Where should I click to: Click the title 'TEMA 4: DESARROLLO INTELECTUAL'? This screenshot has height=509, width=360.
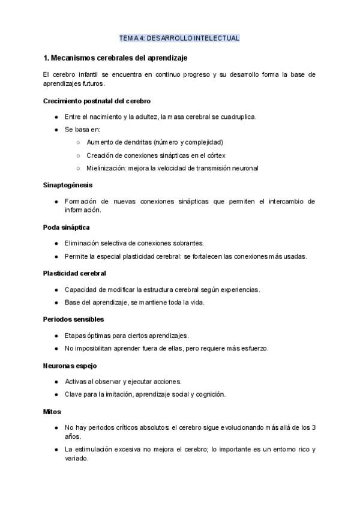(179, 38)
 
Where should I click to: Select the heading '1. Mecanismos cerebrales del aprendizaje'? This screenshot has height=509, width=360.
(116, 58)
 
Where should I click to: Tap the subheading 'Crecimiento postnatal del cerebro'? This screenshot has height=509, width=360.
(97, 101)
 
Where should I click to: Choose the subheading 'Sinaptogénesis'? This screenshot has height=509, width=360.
(68, 185)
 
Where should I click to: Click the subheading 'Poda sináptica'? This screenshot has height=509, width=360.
(67, 227)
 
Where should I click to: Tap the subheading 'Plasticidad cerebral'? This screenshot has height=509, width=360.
(74, 273)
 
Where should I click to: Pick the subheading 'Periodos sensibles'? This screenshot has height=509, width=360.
(73, 319)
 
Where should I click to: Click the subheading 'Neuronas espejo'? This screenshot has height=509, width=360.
(70, 366)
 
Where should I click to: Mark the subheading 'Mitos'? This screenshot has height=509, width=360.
(52, 412)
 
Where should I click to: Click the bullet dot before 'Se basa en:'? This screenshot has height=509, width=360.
(56, 129)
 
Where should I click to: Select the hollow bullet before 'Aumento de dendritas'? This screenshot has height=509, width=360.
(78, 142)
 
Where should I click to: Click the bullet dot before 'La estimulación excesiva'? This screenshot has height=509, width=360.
(56, 450)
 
